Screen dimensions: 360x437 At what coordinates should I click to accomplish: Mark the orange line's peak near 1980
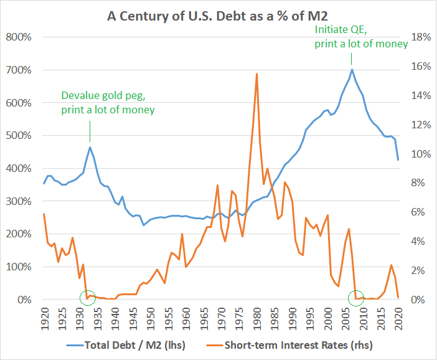[257, 73]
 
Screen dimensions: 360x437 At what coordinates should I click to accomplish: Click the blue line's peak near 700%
[352, 69]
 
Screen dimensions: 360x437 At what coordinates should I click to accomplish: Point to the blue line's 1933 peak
[90, 147]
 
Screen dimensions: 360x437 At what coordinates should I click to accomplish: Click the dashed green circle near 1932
[88, 298]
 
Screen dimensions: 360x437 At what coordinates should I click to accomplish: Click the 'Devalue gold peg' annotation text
[108, 103]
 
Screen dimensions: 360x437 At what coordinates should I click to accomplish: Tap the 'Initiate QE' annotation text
[362, 37]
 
